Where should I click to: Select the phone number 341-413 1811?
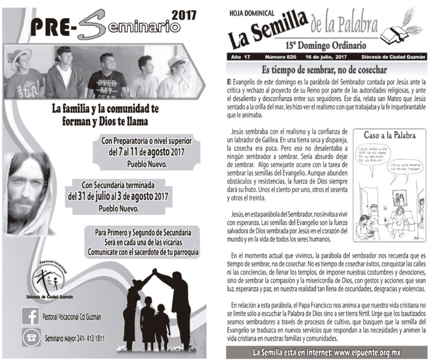[85, 338]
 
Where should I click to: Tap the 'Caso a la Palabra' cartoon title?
[390, 136]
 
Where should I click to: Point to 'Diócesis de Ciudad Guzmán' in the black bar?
[393, 58]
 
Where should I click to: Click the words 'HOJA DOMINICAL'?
[253, 12]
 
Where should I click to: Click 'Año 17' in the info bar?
[238, 58]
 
